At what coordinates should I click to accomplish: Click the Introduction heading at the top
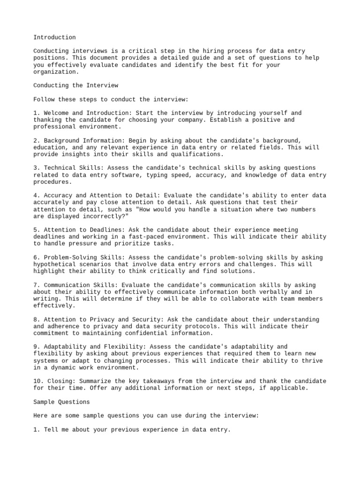(54, 37)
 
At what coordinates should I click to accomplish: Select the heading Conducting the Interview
(76, 85)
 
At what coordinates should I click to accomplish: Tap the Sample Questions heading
(61, 402)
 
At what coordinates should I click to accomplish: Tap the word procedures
(52, 182)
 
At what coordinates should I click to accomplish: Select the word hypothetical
(54, 264)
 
